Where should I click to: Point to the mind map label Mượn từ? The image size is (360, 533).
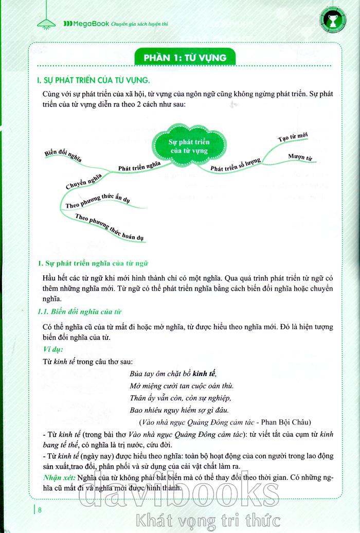pos(302,156)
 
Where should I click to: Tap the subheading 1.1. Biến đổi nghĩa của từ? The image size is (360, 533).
pos(80,312)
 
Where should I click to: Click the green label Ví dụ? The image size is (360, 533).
pos(53,350)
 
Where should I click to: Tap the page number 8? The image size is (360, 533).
pos(41,510)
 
